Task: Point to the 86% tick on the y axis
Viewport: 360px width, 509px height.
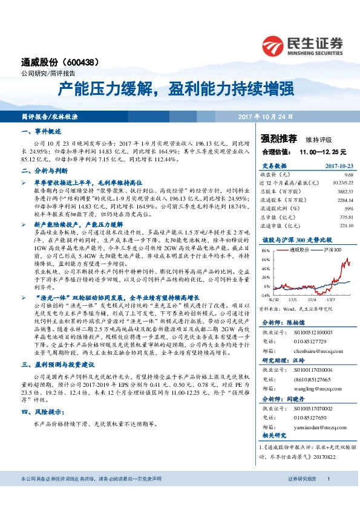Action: click(x=265, y=249)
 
